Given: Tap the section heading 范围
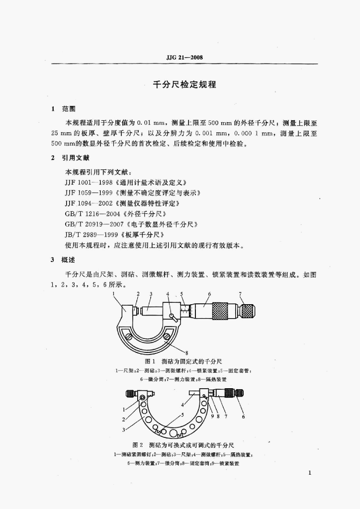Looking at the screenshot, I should pyautogui.click(x=69, y=109).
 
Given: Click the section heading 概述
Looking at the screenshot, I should pyautogui.click(x=69, y=259).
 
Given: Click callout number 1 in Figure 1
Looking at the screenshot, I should pyautogui.click(x=114, y=294).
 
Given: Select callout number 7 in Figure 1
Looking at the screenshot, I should pyautogui.click(x=240, y=294).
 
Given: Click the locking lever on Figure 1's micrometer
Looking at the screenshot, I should pyautogui.click(x=173, y=316).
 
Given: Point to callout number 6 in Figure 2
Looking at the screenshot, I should pyautogui.click(x=243, y=417).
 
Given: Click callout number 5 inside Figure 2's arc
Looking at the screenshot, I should pyautogui.click(x=182, y=414).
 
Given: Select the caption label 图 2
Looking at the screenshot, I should pyautogui.click(x=138, y=445).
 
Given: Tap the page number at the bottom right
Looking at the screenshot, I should pyautogui.click(x=309, y=473).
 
